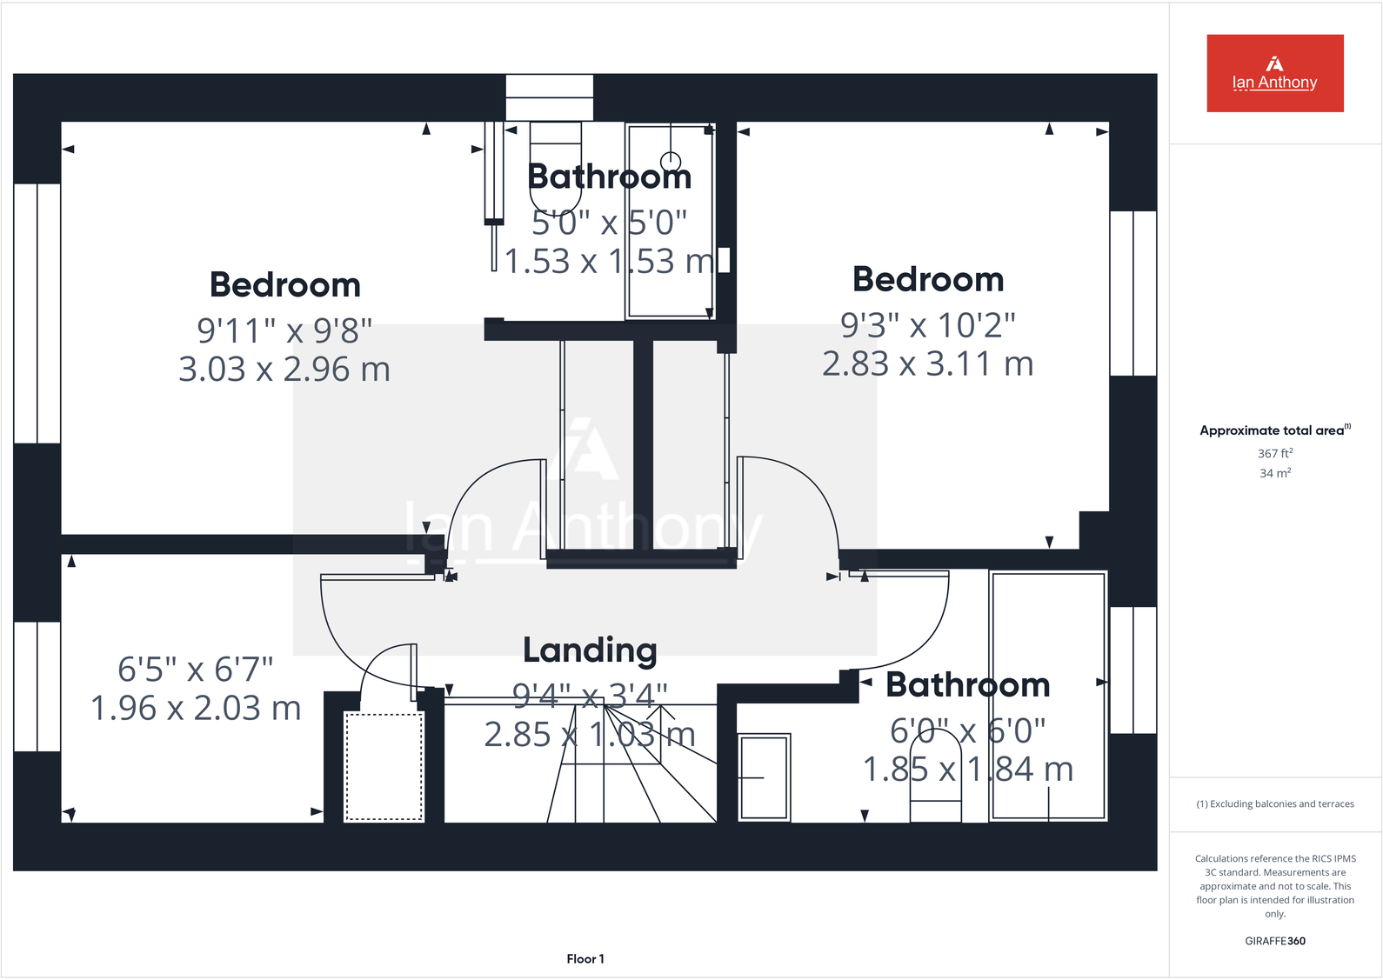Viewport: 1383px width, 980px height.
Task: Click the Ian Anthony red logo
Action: tap(1274, 73)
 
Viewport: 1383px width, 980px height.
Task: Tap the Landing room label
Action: tap(590, 650)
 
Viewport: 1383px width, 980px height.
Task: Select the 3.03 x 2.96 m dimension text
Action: tap(284, 370)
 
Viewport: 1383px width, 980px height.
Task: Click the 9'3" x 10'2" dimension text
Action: tap(927, 325)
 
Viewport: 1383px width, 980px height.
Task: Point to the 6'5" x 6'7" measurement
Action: tap(196, 670)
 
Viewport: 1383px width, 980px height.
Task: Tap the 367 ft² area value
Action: tap(1275, 453)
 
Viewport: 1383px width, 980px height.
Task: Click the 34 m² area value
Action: tap(1275, 473)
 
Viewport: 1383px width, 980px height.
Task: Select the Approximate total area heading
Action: tap(1274, 430)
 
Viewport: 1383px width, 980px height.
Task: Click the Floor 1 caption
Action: tap(585, 958)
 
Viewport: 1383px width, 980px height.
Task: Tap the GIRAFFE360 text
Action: tap(1274, 941)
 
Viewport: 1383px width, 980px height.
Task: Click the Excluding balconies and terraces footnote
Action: tap(1275, 803)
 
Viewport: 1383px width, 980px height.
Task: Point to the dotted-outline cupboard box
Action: tap(384, 766)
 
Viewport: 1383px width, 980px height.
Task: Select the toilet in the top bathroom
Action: tap(555, 165)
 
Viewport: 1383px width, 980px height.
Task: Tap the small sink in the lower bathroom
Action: tap(764, 777)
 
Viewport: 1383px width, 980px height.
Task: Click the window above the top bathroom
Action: tap(549, 97)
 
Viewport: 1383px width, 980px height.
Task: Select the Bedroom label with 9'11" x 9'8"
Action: tap(284, 285)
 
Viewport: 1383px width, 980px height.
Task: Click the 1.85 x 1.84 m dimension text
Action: tap(967, 770)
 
